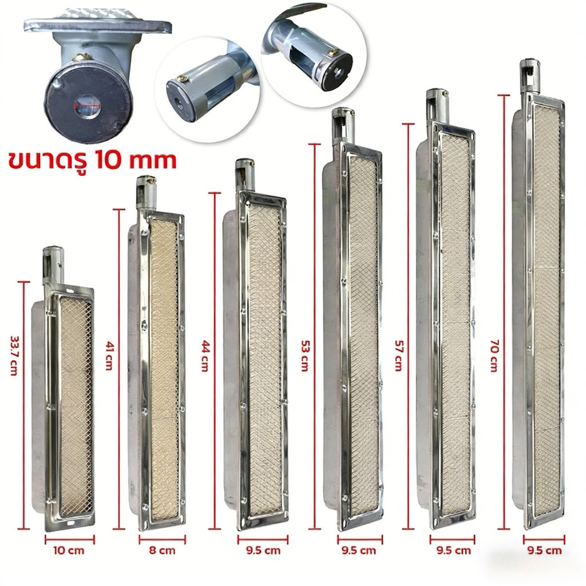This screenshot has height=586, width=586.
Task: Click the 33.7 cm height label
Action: pyautogui.click(x=14, y=355)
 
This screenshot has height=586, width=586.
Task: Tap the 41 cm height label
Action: pyautogui.click(x=109, y=355)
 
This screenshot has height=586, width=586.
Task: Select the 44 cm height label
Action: pyautogui.click(x=205, y=355)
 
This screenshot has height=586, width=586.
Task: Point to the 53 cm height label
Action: pyautogui.click(x=305, y=355)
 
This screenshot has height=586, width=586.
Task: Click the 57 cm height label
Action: pyautogui.click(x=399, y=355)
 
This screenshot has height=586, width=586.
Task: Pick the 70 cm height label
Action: pyautogui.click(x=494, y=355)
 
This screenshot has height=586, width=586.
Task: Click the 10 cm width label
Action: pyautogui.click(x=69, y=551)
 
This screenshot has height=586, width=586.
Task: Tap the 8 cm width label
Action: pyautogui.click(x=162, y=551)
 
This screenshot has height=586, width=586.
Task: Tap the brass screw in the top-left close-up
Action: pyautogui.click(x=82, y=57)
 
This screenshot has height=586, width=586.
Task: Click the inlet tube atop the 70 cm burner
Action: pyautogui.click(x=530, y=77)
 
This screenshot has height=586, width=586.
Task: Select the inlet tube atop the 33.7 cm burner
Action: pyautogui.click(x=53, y=264)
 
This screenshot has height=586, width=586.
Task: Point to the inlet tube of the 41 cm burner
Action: pyautogui.click(x=146, y=193)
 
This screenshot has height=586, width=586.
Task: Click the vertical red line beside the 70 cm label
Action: pyautogui.click(x=504, y=312)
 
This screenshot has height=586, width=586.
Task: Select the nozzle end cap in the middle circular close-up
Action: pyautogui.click(x=180, y=99)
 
